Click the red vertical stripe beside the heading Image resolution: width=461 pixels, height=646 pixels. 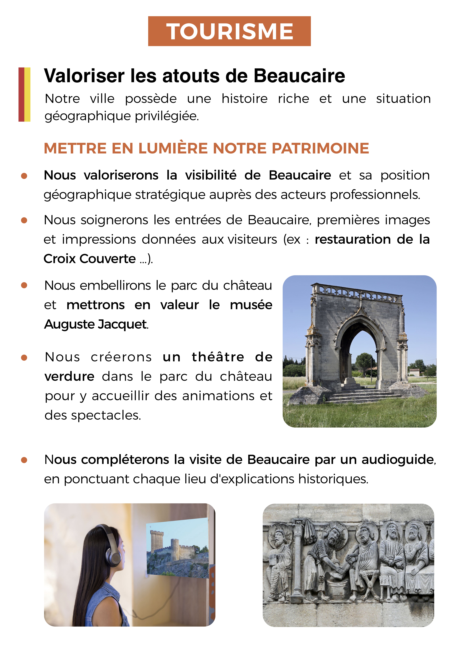21,94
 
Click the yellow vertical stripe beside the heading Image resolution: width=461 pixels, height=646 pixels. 28,94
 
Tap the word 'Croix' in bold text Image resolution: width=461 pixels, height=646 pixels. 60,259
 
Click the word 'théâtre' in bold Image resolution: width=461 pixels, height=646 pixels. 218,357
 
